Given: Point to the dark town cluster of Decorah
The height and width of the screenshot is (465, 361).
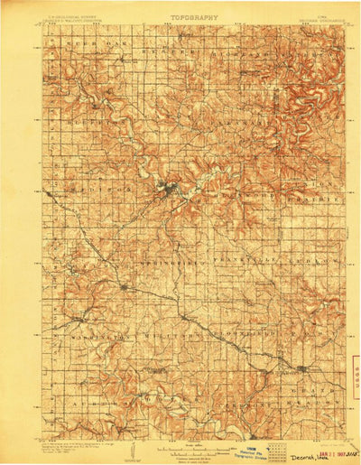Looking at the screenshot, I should [x=166, y=190].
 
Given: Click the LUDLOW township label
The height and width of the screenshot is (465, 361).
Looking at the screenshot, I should [x=310, y=256].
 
